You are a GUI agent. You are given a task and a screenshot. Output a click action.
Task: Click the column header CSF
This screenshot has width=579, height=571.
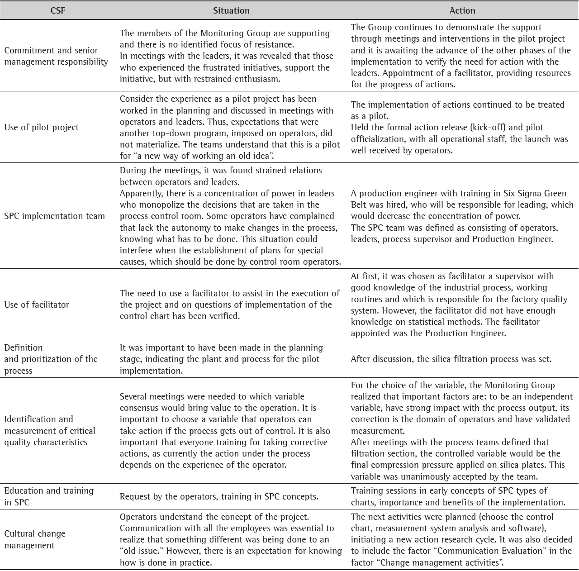pos(58,10)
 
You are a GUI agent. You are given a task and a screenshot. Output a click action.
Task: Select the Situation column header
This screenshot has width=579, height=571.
pos(231,10)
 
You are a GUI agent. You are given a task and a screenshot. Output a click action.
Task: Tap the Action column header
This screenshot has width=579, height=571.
pos(462,10)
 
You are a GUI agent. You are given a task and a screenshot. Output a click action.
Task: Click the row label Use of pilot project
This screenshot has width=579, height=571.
pos(42,128)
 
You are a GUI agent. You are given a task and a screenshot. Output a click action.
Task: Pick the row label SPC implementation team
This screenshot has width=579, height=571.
pos(55,216)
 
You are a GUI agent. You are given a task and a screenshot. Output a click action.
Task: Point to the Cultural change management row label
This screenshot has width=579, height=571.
pos(35,539)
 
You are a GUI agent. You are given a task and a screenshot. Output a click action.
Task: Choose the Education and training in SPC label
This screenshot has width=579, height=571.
pos(49,496)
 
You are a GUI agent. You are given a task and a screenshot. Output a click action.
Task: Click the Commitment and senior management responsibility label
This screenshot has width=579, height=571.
pos(56,56)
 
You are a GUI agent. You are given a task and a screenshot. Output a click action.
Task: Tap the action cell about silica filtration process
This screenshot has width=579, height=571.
pos(451,359)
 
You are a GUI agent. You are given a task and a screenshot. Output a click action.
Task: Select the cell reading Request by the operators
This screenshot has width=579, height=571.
pos(219,496)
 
